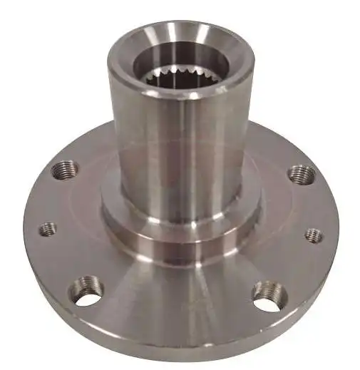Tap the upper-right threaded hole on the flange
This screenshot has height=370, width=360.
pyautogui.click(x=300, y=174)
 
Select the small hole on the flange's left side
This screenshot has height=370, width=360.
pyautogui.click(x=48, y=229)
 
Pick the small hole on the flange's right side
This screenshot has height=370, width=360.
pyautogui.click(x=314, y=235)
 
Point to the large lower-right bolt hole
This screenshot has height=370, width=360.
pyautogui.click(x=269, y=292)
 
